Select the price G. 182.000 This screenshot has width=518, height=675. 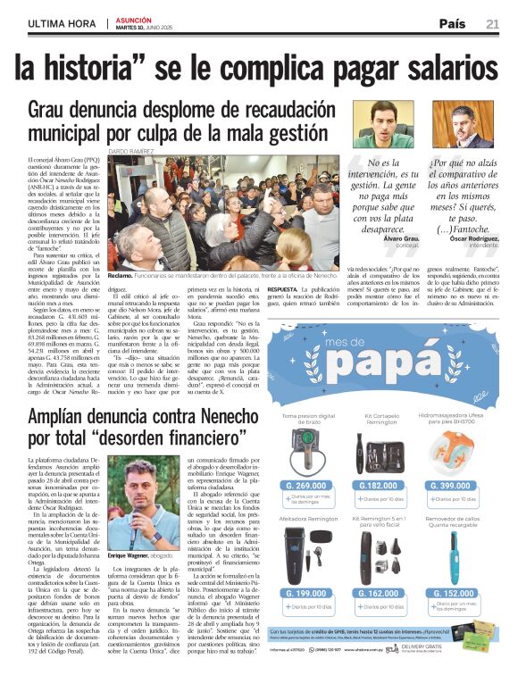381,486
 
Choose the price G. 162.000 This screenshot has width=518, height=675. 381,593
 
